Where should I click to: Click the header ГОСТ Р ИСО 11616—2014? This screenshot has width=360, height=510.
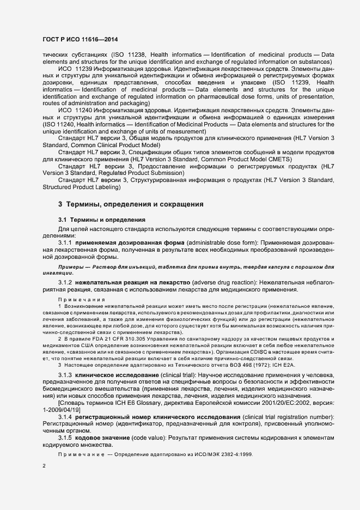click(80, 40)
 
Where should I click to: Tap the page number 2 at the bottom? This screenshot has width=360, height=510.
click(44, 466)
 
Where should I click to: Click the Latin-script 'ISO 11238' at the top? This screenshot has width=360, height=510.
click(127, 55)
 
